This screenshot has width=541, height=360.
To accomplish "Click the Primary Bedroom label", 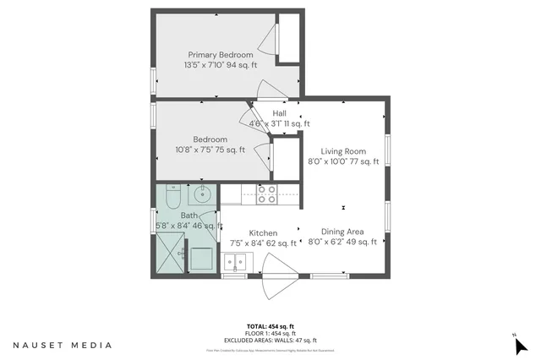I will point(220,55).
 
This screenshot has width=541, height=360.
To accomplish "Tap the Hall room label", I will point(279,112).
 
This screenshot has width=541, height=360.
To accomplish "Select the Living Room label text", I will point(343,150).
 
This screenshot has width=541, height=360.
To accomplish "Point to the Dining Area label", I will point(342,232).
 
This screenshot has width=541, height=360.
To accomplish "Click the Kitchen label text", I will point(263,233).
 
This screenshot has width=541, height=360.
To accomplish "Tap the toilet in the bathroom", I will point(171,198).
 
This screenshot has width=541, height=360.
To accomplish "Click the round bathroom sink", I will point(203,195).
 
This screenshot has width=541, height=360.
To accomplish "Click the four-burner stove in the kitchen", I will point(266,194).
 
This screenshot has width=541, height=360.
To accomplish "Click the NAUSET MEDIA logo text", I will point(63,345).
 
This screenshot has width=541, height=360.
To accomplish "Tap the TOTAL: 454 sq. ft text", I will point(270,326).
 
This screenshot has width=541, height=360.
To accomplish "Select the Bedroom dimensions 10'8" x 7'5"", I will point(210,150).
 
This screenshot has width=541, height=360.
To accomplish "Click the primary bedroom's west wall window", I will point(153,78).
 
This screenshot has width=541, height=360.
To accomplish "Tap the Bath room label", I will point(189,215).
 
